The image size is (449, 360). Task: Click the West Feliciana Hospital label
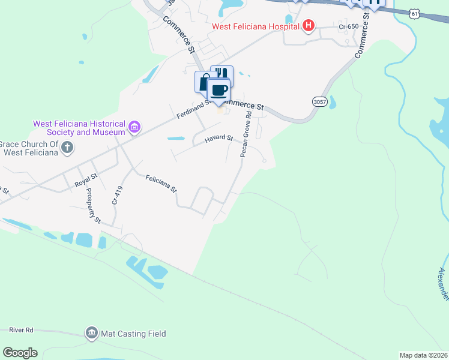255,26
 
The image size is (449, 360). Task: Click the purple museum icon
134,127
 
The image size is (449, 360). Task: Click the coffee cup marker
218,91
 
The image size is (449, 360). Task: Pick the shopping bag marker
203,82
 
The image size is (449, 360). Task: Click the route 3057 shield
319,102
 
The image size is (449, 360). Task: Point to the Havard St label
218,138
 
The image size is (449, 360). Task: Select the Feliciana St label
161,182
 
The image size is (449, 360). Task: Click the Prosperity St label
93,205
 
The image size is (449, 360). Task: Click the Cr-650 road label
348,26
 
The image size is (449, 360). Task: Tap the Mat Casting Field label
133,334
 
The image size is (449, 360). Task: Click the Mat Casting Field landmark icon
92,333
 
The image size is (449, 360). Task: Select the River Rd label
21,330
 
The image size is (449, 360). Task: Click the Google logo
20,352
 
